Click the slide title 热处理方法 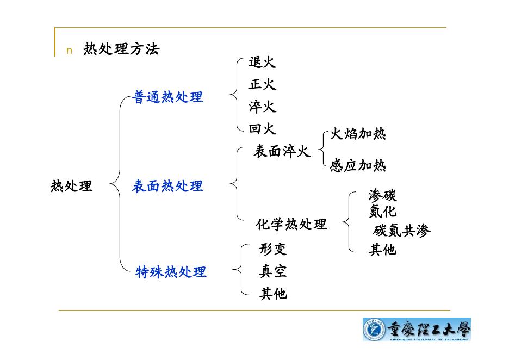tap(121, 49)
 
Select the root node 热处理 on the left tap(71, 187)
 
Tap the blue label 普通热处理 tap(168, 97)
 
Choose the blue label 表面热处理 tap(167, 187)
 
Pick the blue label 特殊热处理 tap(171, 272)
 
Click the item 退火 tap(262, 63)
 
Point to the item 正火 tap(262, 85)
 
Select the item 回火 tap(262, 129)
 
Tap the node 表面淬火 tap(282, 152)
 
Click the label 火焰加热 tap(358, 134)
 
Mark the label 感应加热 tap(358, 166)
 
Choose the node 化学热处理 tap(291, 224)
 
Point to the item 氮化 tap(382, 211)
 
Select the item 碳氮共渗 tap(402, 231)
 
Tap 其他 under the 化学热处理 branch tap(382, 250)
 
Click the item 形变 tap(273, 250)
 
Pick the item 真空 tap(273, 271)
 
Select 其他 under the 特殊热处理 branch tap(273, 294)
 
